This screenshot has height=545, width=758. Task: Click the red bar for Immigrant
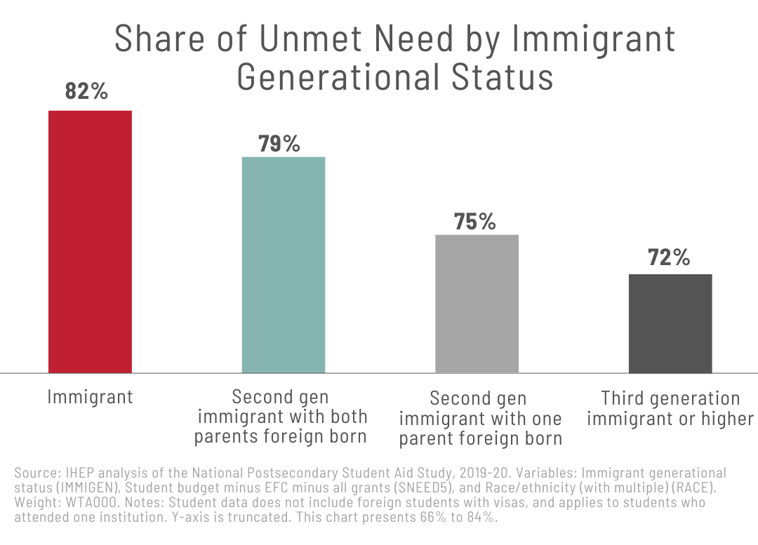[90, 241]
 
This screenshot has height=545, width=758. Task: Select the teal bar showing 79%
[284, 264]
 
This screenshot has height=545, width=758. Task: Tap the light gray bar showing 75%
[477, 303]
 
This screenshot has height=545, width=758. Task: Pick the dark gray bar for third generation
[670, 323]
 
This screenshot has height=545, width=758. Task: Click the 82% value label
[86, 91]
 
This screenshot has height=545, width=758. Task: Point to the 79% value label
[279, 144]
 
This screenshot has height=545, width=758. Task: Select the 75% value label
[474, 222]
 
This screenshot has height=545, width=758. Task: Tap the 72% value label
[668, 257]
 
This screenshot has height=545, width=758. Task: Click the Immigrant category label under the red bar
[90, 397]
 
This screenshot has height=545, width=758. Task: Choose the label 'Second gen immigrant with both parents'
[281, 417]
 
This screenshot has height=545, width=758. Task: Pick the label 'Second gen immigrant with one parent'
[480, 419]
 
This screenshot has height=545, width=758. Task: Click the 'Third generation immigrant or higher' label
[670, 409]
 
